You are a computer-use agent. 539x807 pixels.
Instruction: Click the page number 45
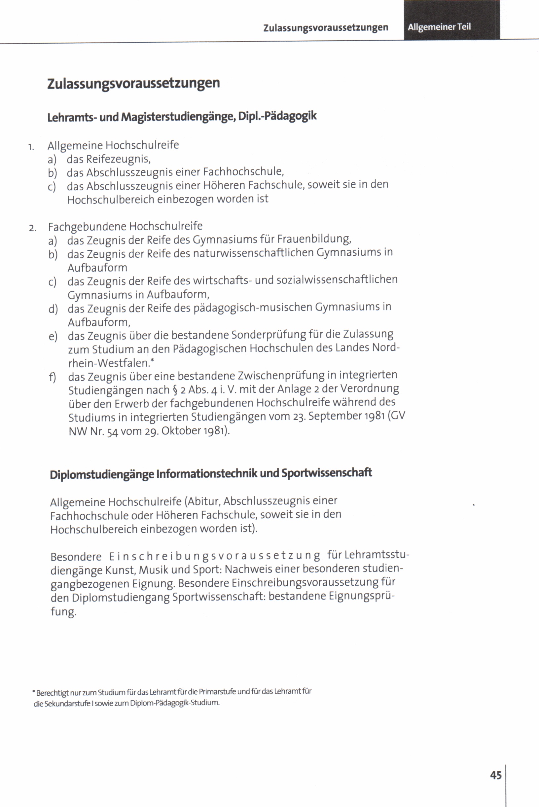click(x=496, y=775)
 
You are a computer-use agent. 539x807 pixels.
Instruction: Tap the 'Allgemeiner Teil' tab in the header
click(x=439, y=27)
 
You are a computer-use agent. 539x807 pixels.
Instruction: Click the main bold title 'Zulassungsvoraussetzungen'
click(x=133, y=84)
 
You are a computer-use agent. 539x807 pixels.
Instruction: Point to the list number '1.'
click(x=31, y=147)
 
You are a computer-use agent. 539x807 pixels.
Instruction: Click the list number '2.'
click(x=32, y=228)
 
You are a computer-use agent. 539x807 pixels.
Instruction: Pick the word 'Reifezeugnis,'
click(x=118, y=159)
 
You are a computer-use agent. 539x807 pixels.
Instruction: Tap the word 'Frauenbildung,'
click(x=314, y=238)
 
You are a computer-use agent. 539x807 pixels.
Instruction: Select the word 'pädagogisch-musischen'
click(x=253, y=307)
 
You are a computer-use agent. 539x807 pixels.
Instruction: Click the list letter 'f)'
click(x=53, y=377)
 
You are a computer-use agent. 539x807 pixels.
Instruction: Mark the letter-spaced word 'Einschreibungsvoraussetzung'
click(x=215, y=556)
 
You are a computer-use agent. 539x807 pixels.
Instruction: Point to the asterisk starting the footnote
click(x=34, y=691)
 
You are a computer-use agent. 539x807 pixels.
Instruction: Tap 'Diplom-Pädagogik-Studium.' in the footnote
click(x=175, y=703)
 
